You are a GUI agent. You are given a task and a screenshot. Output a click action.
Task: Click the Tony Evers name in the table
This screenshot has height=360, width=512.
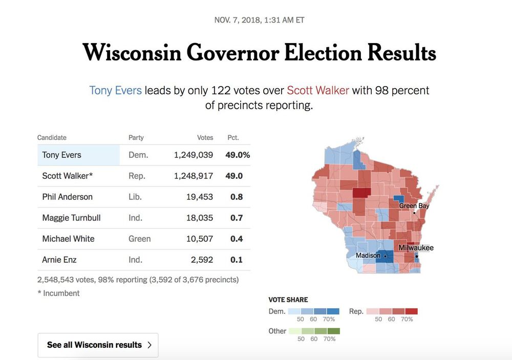[61, 155]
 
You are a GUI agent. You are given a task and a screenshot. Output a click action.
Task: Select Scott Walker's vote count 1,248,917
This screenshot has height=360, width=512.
[194, 176]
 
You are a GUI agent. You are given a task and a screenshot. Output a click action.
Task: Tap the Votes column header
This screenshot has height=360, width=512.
[205, 138]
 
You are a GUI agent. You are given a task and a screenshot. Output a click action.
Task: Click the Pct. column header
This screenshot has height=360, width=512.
[233, 138]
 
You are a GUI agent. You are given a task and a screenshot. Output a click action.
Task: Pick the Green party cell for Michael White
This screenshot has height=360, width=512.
[139, 239]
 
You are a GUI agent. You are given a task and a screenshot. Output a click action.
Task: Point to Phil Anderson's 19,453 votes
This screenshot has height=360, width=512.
[200, 197]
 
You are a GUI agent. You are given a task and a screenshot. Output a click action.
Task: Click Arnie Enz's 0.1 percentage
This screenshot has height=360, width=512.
[237, 260]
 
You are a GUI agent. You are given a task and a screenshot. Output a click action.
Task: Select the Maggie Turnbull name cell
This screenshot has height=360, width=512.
[71, 218]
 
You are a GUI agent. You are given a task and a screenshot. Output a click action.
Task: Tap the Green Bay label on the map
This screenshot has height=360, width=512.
[414, 206]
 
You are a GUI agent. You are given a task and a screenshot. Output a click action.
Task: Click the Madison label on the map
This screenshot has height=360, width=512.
[368, 256]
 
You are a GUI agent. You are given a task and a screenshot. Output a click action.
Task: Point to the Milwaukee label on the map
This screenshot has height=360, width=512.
[416, 248]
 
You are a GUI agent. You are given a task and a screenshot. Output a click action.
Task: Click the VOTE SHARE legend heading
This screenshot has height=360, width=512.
[288, 300]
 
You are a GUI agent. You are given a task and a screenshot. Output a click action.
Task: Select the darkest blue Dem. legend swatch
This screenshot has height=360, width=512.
[333, 311]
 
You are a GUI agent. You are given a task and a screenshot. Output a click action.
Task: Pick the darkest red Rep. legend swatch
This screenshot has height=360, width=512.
[412, 311]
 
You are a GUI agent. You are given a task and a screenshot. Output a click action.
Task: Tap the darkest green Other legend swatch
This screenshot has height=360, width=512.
[333, 331]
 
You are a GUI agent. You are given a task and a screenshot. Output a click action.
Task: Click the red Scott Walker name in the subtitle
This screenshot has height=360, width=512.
[317, 91]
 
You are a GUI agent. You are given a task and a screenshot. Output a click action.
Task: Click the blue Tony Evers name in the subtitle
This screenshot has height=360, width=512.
[115, 91]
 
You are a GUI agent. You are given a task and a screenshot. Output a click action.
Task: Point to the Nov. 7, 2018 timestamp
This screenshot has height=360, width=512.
[260, 20]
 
